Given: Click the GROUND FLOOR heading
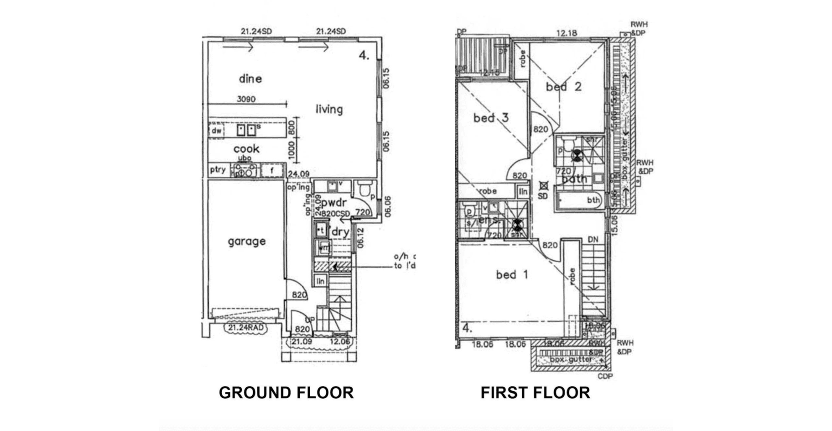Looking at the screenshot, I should (286, 393).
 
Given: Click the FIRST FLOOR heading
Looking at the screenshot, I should (535, 393).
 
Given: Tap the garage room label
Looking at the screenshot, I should (247, 241).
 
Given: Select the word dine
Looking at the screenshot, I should (250, 79).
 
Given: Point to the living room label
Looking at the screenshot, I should (329, 109).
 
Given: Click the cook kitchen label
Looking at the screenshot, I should (246, 149).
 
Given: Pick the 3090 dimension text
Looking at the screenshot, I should (246, 99).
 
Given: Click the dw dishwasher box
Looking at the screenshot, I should (217, 131).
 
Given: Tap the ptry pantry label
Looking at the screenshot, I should (218, 170).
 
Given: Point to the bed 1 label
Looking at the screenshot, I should (512, 275).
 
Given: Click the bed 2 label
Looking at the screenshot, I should (564, 87).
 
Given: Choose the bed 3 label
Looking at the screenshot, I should (491, 118).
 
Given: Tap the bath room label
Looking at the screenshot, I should (574, 179).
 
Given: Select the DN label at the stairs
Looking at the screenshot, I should (593, 240).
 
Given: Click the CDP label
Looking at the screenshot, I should (605, 376).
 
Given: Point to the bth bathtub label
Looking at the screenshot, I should (593, 200).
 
